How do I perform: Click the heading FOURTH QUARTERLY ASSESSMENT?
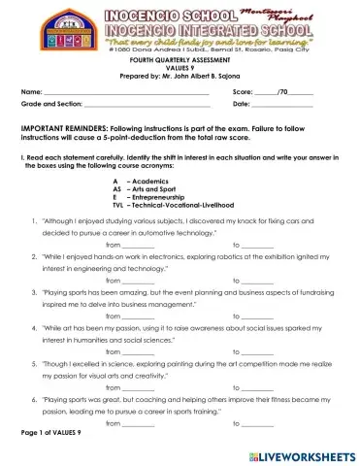tap(180, 60)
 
